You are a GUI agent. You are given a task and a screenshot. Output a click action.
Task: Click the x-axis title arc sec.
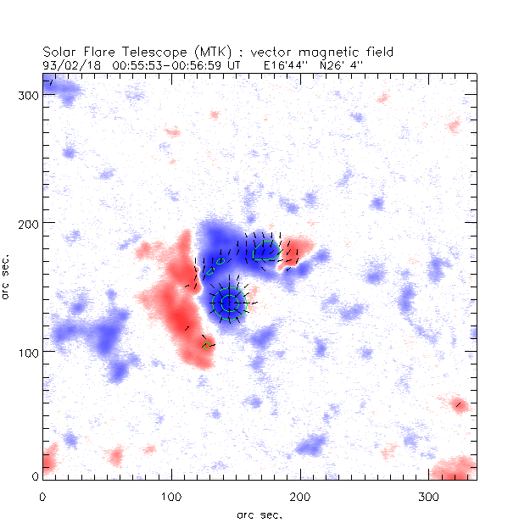click(259, 514)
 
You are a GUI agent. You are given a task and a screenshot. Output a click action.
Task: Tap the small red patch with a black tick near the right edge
click(459, 404)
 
